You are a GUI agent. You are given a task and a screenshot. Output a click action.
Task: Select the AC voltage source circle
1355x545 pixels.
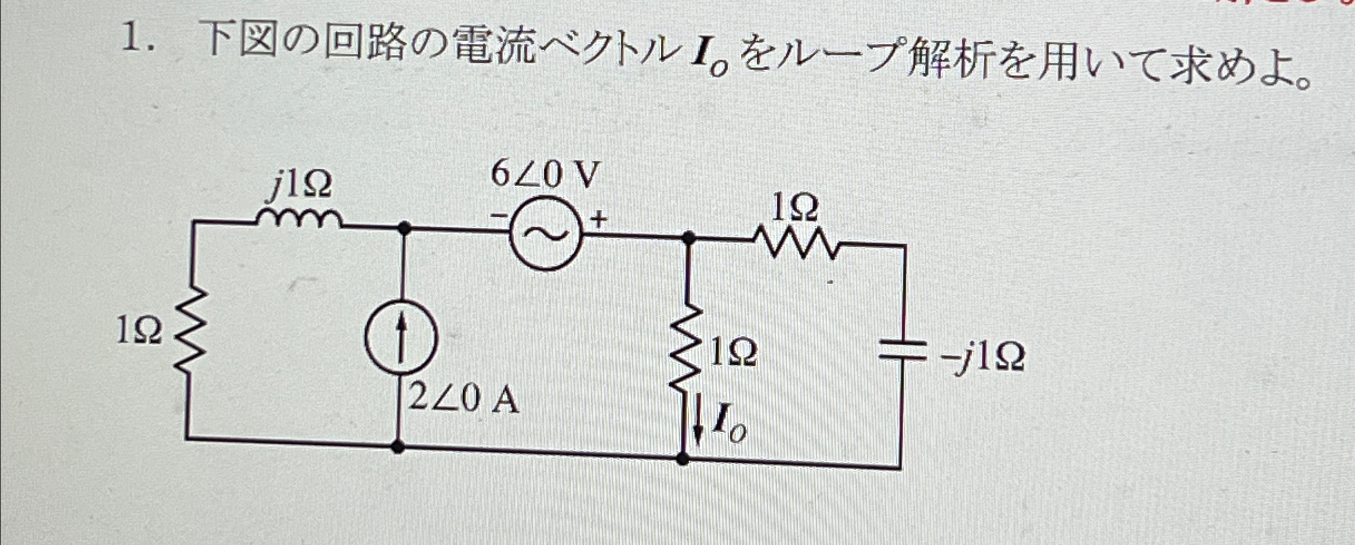(x=545, y=234)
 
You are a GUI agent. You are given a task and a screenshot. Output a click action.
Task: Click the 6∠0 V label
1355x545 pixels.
(x=545, y=175)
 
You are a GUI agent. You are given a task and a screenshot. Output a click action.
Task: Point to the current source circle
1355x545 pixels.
(x=401, y=338)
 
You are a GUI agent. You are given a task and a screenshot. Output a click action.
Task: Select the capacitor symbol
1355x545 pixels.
(x=902, y=351)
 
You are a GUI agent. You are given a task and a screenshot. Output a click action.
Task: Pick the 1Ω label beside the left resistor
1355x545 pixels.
(x=140, y=331)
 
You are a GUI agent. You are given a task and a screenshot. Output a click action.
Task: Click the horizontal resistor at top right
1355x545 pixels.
(x=796, y=243)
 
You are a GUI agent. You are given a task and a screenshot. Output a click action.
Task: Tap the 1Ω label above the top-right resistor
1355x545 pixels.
(x=795, y=209)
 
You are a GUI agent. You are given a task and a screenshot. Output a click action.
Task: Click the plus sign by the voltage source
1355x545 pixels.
(x=599, y=220)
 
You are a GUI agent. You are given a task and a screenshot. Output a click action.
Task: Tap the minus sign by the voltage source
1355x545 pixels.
(x=498, y=217)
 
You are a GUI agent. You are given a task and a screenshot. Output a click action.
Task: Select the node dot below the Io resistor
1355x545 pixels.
(x=683, y=458)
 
